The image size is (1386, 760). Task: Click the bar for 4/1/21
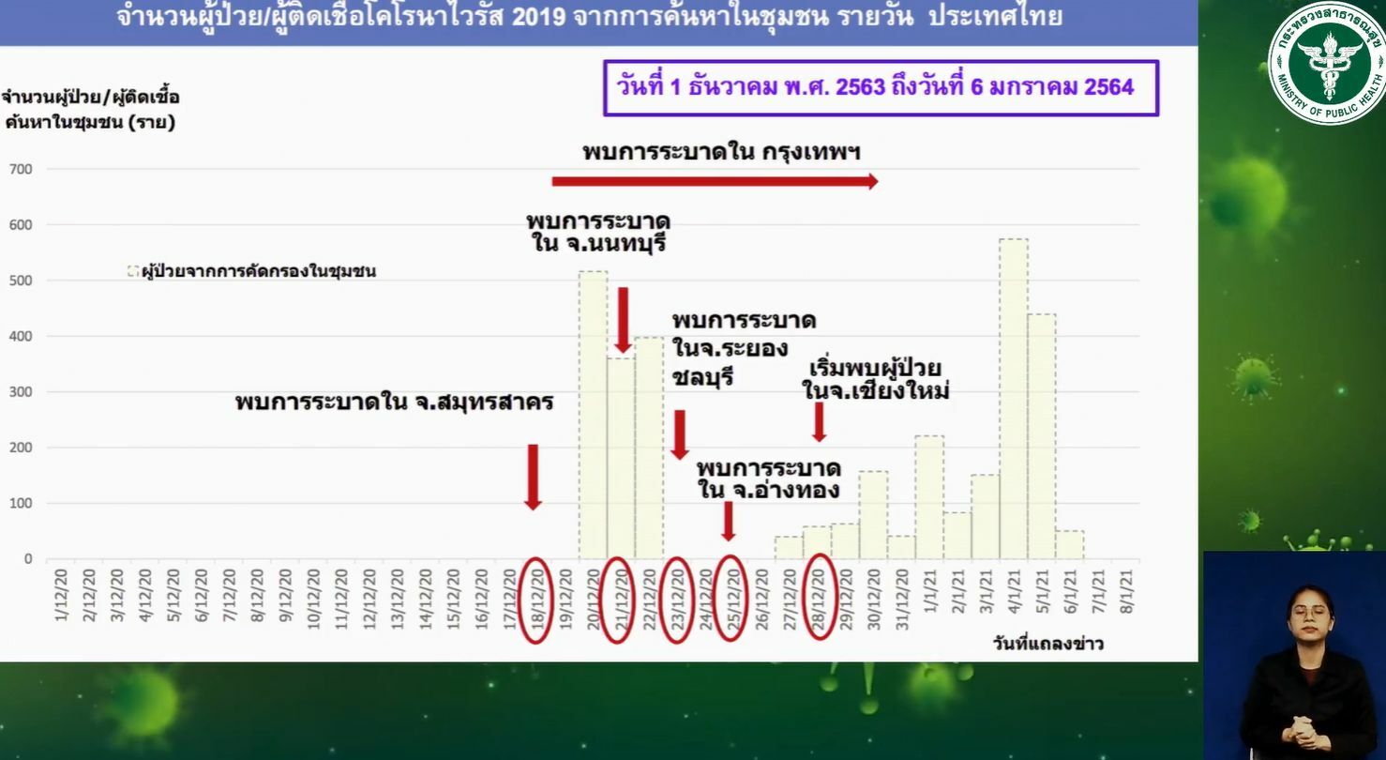coord(1014,399)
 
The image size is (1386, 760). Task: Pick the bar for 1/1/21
coord(929,497)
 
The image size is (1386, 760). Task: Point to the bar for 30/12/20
coord(873,515)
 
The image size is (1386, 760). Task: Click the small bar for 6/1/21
coord(1070,545)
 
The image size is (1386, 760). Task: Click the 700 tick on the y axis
coord(20,170)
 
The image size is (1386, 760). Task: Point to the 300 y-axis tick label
coord(20,392)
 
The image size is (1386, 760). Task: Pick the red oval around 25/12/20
coord(730,600)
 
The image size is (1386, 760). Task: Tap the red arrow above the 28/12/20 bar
coord(819,421)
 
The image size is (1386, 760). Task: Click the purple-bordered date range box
coord(881,88)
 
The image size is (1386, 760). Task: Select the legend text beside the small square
coord(258,272)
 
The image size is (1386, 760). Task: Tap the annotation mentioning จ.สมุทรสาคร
coord(394,403)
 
